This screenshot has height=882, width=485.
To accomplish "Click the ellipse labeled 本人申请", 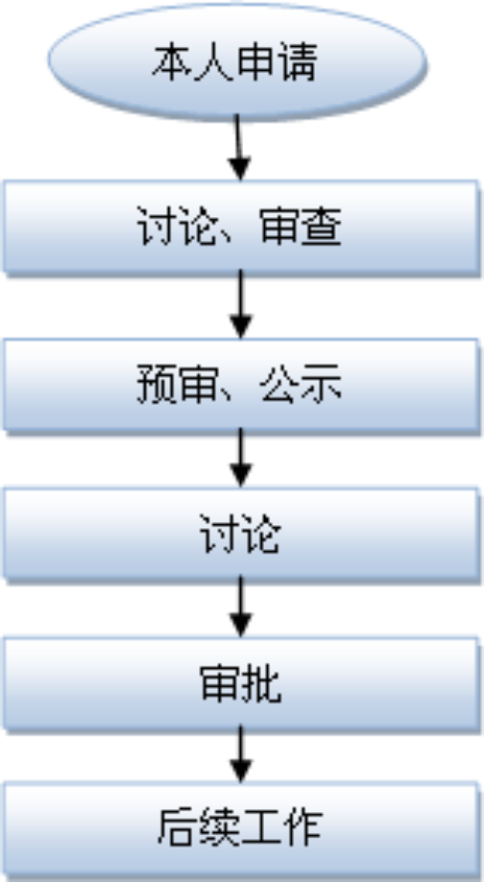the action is pos(237,61).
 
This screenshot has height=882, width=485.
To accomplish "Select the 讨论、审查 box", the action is pos(241,227).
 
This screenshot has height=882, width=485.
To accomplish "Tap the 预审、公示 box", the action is pos(241,386).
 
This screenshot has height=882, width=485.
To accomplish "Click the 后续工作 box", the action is pos(241,829).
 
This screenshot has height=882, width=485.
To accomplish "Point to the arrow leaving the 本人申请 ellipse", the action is pos(238,147).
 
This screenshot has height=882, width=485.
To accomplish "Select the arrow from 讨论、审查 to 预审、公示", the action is pos(241,304).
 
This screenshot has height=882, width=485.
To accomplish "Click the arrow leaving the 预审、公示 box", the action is pos(241,458).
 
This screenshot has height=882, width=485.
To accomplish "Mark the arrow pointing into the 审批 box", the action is pos(241,606).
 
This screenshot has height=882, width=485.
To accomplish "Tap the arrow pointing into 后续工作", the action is pos(241,755).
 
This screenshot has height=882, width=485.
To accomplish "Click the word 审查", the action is pos(300,228).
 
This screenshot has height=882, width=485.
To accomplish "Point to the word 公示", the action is pos(300,386).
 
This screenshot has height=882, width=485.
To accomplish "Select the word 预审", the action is pos(177,386).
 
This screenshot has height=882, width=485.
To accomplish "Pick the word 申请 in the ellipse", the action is pos(276,61).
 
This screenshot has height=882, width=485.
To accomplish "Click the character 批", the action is pos(260,684).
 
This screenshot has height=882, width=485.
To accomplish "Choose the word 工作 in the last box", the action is pos(281,828).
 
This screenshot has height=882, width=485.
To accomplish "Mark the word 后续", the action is pos(199,828).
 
